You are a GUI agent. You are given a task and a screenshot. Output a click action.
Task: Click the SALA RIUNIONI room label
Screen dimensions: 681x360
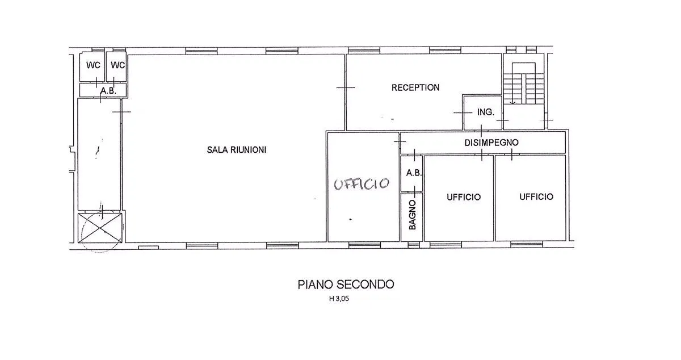[x=237, y=150]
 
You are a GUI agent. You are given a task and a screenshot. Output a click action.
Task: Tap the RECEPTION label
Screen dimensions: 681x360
[x=415, y=87]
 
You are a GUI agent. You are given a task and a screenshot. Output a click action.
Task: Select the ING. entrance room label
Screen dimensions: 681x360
[x=486, y=112]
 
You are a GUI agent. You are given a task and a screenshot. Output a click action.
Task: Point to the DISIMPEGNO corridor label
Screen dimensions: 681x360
[x=491, y=143]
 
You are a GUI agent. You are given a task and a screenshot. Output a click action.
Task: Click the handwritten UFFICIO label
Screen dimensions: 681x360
[x=361, y=184]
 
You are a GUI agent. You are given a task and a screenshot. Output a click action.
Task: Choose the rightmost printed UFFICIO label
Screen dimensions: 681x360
[x=536, y=197]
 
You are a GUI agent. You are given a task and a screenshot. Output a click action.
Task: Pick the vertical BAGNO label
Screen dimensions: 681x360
[x=412, y=215]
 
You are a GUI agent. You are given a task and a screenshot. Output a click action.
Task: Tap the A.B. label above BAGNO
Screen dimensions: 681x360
[x=414, y=173]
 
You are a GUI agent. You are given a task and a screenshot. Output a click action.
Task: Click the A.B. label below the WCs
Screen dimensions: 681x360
[x=108, y=91]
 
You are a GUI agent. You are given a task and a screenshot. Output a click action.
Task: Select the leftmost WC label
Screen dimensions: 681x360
[x=93, y=65]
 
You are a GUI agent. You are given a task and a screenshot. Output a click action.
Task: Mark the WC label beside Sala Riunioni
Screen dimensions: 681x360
[x=117, y=65]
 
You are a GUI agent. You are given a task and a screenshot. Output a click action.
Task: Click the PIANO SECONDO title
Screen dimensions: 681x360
[x=346, y=284]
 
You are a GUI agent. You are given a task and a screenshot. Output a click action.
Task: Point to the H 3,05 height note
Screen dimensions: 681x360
[x=339, y=299]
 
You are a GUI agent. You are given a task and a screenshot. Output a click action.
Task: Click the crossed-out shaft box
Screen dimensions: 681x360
[x=100, y=228]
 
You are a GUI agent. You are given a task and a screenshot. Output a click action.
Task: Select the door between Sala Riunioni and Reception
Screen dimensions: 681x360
[x=346, y=87]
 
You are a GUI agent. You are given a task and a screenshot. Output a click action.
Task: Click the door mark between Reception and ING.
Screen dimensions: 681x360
[x=463, y=112]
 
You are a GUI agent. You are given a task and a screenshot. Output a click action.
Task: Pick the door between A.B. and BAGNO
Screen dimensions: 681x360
[x=415, y=191]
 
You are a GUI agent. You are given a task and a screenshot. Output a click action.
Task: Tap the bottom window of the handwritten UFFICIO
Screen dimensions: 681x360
[x=364, y=245]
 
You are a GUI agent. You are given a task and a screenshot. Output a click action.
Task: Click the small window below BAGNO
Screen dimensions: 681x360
[x=413, y=245]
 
